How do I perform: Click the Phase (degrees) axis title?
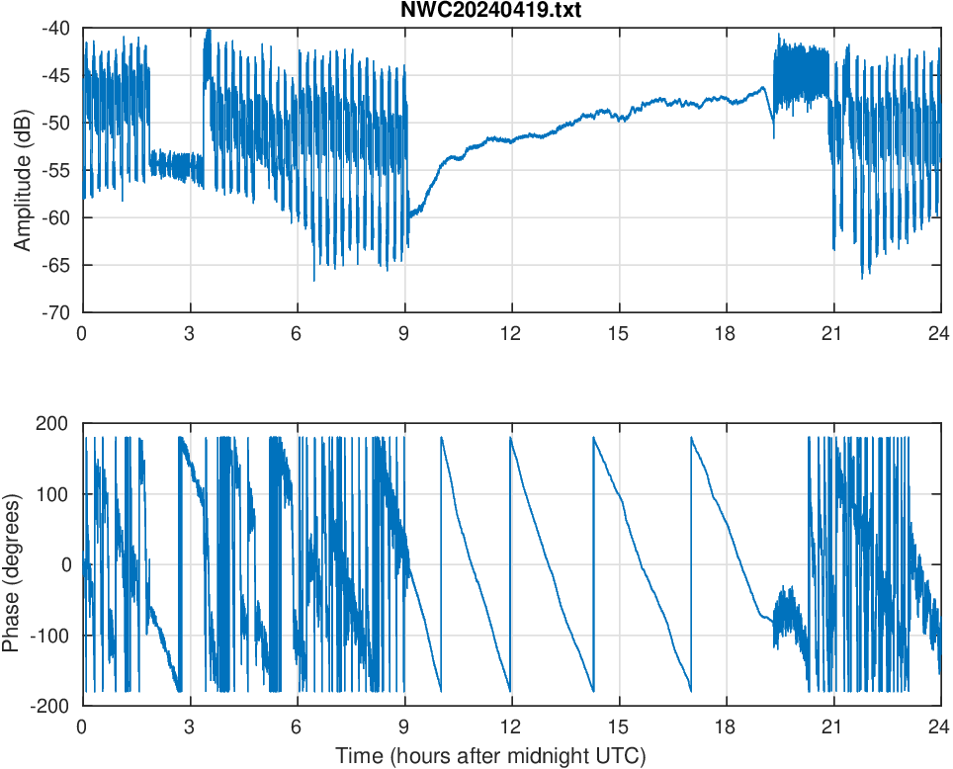[12, 564]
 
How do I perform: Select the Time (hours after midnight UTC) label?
[490, 756]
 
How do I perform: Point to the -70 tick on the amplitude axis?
[55, 312]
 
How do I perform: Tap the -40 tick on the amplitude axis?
[55, 29]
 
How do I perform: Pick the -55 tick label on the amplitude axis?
[55, 170]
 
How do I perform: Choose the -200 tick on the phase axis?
[50, 706]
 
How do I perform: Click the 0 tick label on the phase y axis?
[65, 564]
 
